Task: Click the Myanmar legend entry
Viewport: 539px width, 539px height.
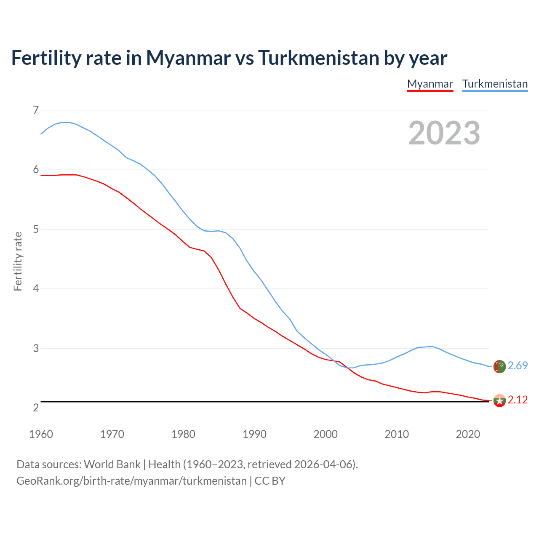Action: (430, 84)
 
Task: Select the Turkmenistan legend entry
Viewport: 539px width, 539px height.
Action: (495, 84)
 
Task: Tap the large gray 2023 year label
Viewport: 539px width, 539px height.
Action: (444, 133)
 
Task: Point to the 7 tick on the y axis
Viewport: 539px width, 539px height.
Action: (36, 110)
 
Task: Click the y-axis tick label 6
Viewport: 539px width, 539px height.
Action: (36, 170)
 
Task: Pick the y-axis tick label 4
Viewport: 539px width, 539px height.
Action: (36, 289)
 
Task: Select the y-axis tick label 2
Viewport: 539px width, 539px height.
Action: (36, 408)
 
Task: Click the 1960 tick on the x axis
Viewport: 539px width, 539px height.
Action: (41, 434)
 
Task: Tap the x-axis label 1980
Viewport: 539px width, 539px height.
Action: (183, 434)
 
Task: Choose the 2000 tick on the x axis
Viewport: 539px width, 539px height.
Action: (326, 434)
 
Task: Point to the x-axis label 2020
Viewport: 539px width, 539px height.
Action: (468, 434)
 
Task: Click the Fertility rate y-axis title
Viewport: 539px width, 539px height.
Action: (18, 261)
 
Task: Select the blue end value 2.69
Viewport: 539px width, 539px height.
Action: (518, 366)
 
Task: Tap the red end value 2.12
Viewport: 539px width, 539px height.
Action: (518, 400)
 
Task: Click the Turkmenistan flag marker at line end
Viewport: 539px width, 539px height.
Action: (499, 366)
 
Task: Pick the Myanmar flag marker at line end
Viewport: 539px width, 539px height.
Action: (499, 400)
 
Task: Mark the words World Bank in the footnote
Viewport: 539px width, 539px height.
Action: (112, 464)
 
